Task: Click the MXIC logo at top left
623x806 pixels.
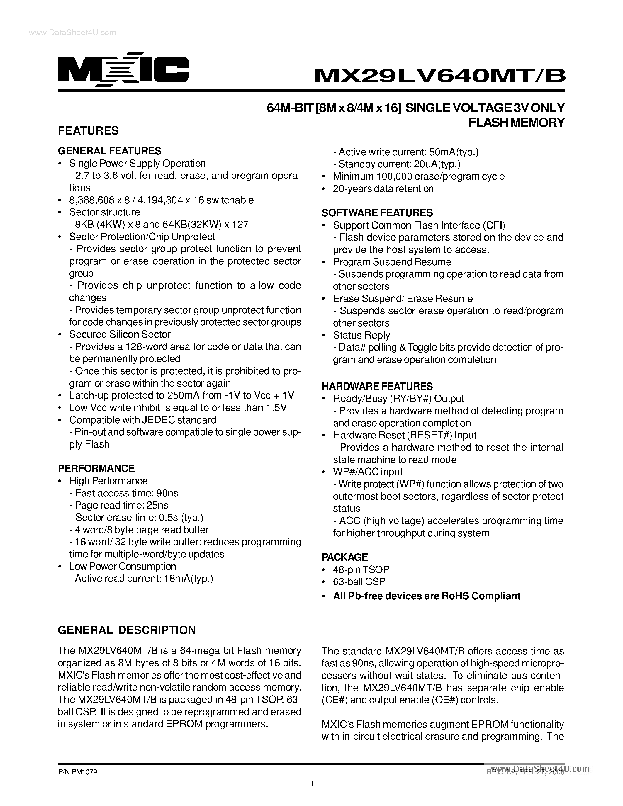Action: [123, 70]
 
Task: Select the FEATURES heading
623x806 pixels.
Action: [88, 131]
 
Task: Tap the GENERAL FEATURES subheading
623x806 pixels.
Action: [110, 151]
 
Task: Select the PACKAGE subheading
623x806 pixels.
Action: [345, 557]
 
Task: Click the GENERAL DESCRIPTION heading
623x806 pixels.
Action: [127, 630]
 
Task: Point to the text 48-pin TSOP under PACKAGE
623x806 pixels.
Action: [361, 569]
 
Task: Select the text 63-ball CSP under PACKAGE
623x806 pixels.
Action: [359, 581]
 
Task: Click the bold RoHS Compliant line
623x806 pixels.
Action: [427, 596]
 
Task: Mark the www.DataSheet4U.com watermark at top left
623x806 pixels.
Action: [72, 33]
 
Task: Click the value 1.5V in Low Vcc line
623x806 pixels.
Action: [276, 407]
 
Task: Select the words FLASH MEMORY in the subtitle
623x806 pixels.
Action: [517, 122]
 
